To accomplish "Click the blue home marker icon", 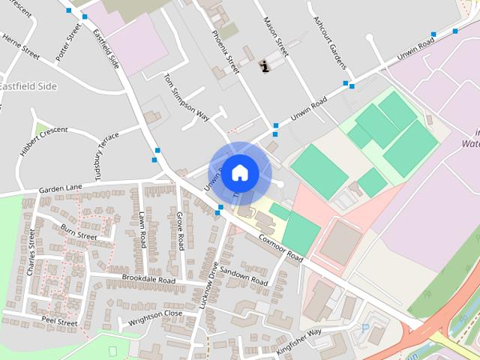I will pos(239,172).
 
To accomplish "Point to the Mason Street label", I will pos(275,37).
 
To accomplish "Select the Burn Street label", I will pos(79,231).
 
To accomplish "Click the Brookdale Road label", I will pos(148,280).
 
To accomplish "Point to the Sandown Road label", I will pos(244,277).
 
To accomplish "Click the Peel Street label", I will pos(59,322).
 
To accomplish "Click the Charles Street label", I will pos(31,253).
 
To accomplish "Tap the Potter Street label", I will pos(67,42).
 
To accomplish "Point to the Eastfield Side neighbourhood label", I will pos(28,86).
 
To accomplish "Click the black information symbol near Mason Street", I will pos(264,67).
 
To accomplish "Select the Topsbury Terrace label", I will pos(97,160).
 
